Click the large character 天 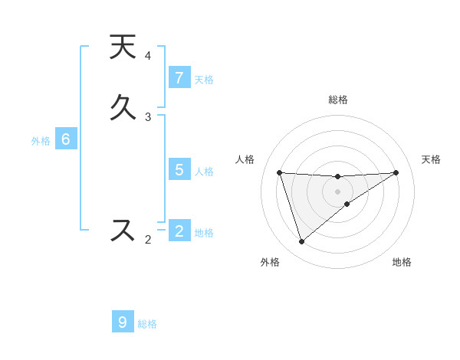pos(123,47)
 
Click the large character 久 pos(123,107)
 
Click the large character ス pos(123,230)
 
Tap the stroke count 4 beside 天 pos(148,56)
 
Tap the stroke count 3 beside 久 pos(148,116)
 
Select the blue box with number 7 pos(179,78)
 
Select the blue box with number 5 pos(179,170)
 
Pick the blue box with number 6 pos(66,139)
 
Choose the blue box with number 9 pos(123,322)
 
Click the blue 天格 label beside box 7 pos(204,79)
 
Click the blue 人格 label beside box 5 pos(204,171)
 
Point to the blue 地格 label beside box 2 pos(204,232)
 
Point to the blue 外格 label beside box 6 pos(41,140)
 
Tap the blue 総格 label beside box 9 pos(148,324)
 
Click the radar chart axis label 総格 pos(338,100)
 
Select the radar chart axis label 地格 pos(402,262)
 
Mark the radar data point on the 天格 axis pos(396,172)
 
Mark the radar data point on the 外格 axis pos(301,242)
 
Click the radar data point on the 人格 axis pos(280,172)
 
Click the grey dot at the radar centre pos(338,191)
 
